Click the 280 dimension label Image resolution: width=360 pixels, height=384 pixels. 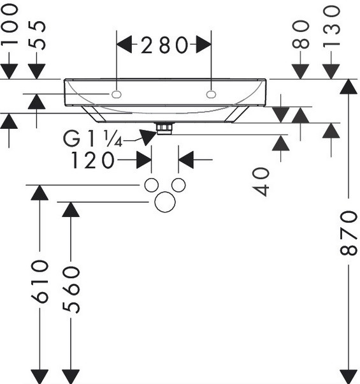pos(164,45)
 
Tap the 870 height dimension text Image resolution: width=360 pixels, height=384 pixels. pos(349,233)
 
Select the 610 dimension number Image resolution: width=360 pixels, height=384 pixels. pos(40,281)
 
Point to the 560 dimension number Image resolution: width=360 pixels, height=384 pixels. pos(71,290)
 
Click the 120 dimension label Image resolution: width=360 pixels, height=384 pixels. pos(92,160)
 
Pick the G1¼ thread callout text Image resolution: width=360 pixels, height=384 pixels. pos(92,138)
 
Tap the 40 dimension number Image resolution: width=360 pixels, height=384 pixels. pos(261,182)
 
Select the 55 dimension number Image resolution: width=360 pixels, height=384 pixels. pos(37,35)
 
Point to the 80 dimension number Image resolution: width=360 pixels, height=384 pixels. pos(301,34)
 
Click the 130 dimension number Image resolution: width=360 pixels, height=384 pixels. pos(331,26)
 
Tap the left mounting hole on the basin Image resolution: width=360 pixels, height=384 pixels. pos(117,94)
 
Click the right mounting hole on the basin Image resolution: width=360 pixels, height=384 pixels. pos(211,94)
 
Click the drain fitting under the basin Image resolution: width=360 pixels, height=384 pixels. pos(165,128)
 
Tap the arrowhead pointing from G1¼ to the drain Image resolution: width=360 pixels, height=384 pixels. pos(148,137)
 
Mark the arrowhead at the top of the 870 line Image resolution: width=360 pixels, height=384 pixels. pos(349,86)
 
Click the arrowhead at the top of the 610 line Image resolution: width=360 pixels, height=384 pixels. pos(40,193)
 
